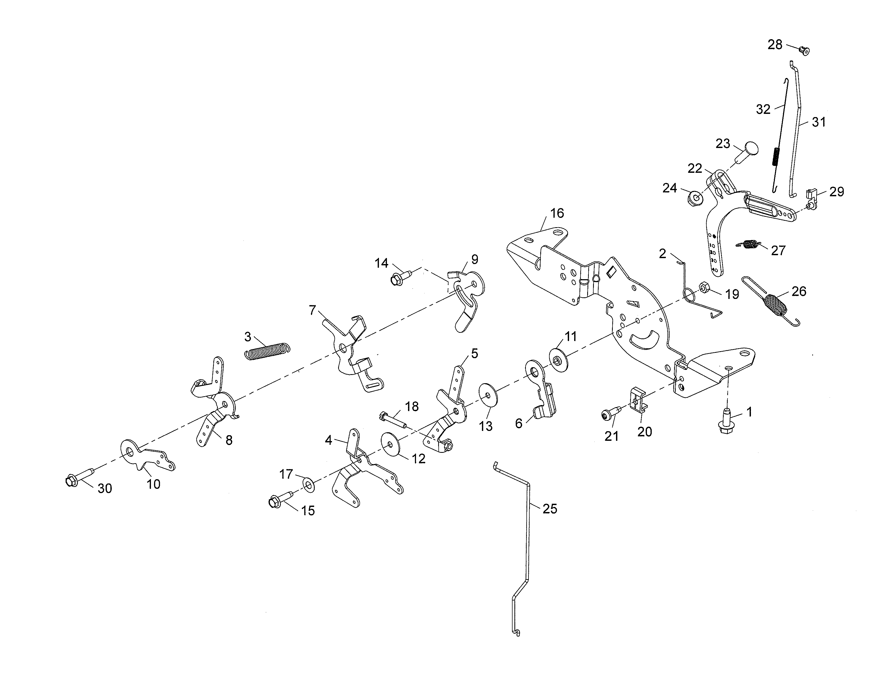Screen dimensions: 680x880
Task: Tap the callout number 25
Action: point(550,509)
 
